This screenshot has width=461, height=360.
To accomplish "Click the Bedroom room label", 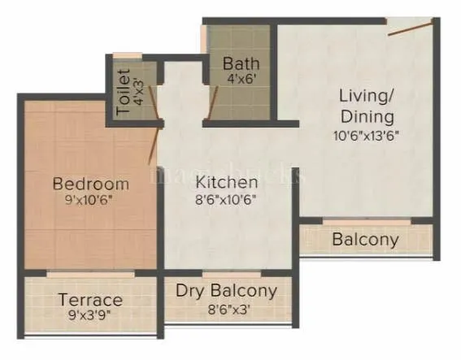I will coord(91,183).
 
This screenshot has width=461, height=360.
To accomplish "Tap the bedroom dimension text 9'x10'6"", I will coord(91,199).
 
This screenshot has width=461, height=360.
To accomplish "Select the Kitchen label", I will coord(227,182).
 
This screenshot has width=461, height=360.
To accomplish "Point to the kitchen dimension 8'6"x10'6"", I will coord(227,199).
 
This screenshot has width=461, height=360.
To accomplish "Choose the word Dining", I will coord(367,116).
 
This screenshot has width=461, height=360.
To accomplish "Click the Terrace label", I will coord(90,300).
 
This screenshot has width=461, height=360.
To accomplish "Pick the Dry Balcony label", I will coord(227,290).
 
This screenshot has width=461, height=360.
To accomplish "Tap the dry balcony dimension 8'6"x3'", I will coord(227,308).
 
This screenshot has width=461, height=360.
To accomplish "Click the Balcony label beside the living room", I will coord(365,240).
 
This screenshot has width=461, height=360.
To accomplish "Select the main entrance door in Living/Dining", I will coord(409,27).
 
